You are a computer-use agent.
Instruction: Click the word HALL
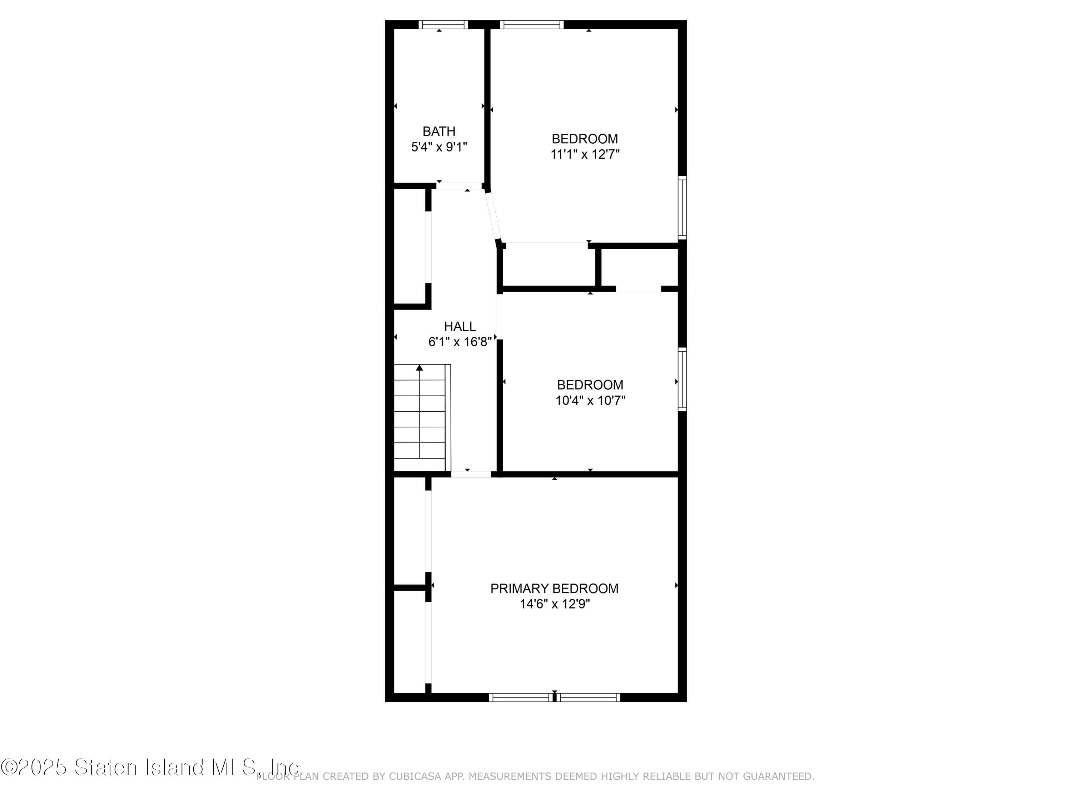pyautogui.click(x=460, y=326)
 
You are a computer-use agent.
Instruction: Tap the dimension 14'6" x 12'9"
pyautogui.click(x=555, y=604)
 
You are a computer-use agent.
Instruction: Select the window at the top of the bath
pyautogui.click(x=443, y=25)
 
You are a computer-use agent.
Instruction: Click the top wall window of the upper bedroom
pyautogui.click(x=532, y=25)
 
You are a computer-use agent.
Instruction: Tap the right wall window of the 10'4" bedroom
pyautogui.click(x=682, y=379)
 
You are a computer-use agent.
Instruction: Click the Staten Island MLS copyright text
pyautogui.click(x=151, y=767)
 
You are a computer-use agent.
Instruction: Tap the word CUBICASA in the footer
pyautogui.click(x=415, y=776)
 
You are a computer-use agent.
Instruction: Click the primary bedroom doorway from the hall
pyautogui.click(x=471, y=474)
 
